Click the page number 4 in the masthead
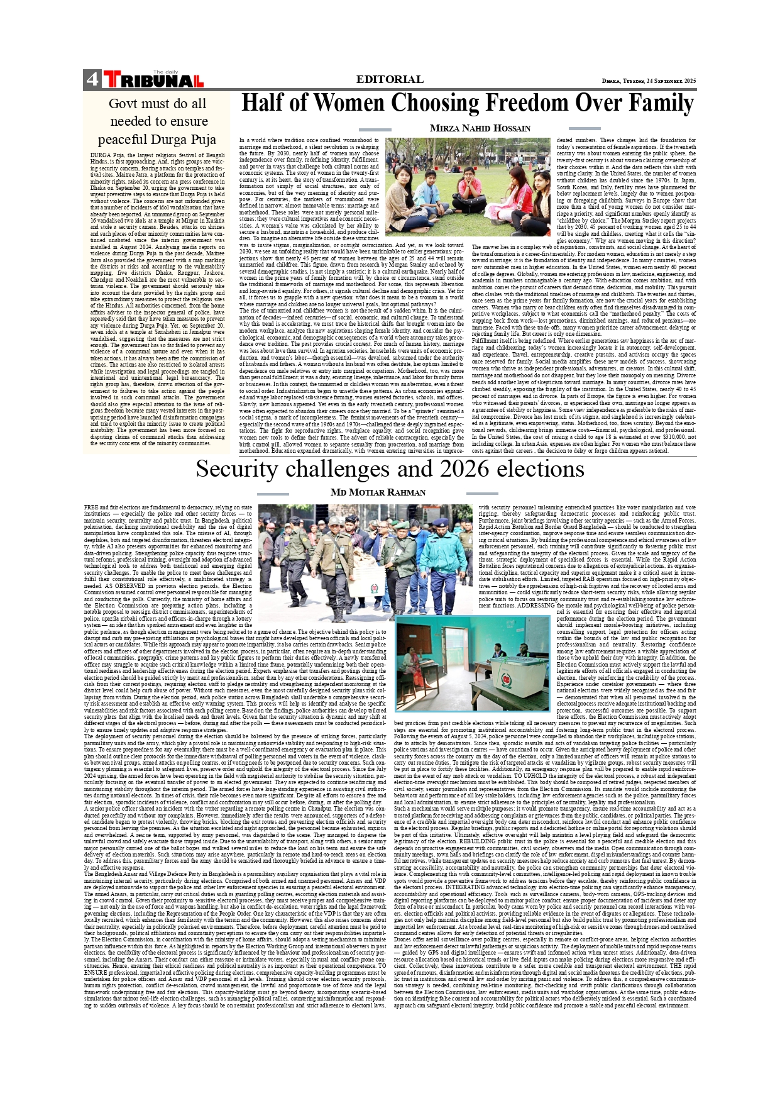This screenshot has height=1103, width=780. (x=92, y=80)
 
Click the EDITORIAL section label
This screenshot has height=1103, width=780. (x=390, y=79)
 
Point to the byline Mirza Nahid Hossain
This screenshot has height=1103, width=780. (x=480, y=128)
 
